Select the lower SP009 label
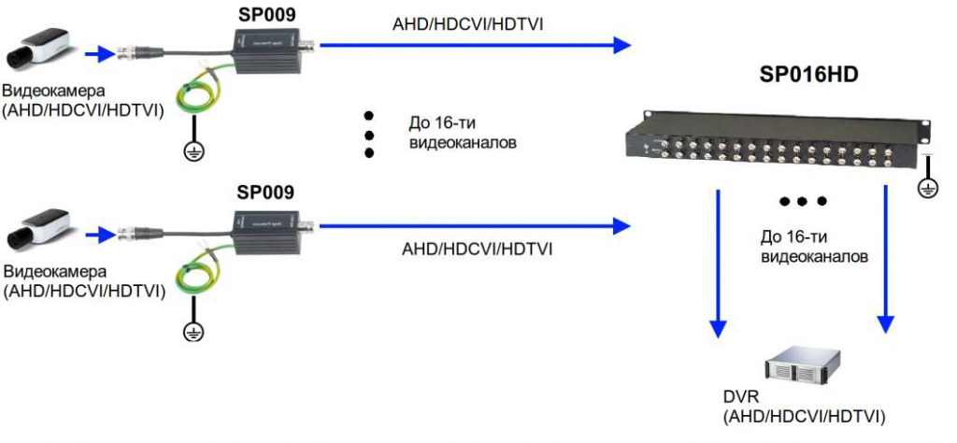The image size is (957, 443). click(264, 193)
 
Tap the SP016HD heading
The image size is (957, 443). click(809, 73)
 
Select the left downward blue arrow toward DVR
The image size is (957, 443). click(718, 262)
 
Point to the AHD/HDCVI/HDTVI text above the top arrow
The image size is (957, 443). click(467, 23)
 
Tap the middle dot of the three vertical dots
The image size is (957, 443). click(369, 135)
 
